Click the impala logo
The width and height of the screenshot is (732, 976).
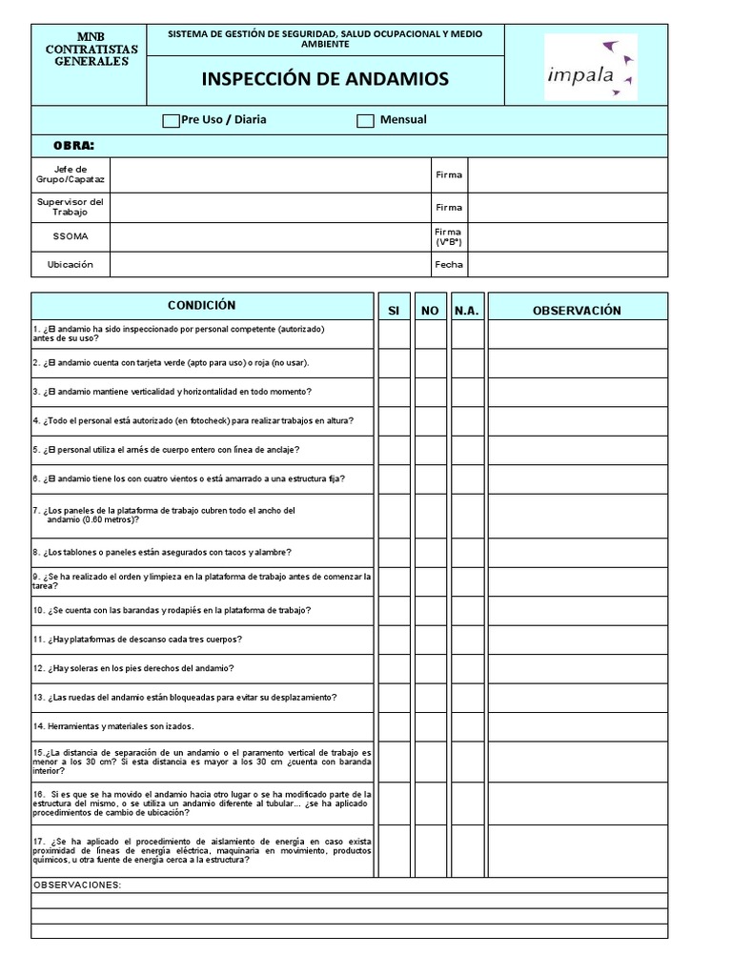tap(591, 68)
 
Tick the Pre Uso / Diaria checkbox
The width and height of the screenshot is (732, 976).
tap(171, 121)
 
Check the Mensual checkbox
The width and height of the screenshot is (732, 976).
tap(365, 121)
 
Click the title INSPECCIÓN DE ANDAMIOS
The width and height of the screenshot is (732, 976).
tap(325, 78)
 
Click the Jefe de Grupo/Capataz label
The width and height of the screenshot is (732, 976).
tap(71, 174)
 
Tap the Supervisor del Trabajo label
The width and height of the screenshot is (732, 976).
tap(71, 207)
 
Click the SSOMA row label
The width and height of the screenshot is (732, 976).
tap(71, 236)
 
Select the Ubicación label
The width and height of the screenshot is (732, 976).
tap(71, 265)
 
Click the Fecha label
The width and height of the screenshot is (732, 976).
tap(449, 265)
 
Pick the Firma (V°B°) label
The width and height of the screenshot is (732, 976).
tap(449, 236)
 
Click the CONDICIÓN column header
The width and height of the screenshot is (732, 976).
tap(201, 306)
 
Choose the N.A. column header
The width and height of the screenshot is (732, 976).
tap(467, 311)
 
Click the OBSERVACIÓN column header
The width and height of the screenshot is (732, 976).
tap(577, 311)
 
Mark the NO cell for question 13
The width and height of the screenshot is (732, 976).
tap(430, 698)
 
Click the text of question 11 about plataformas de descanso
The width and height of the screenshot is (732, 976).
tap(137, 640)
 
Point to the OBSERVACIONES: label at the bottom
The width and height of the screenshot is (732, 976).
tap(77, 885)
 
